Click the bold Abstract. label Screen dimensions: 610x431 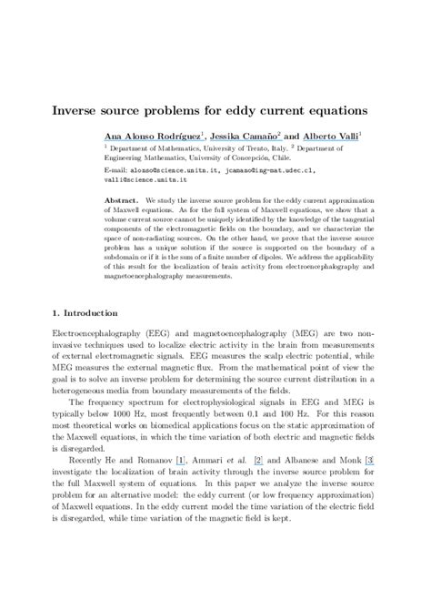(123, 198)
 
